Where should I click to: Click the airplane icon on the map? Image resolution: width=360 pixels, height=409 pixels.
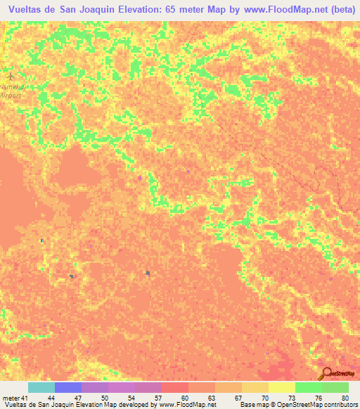coord(9,73)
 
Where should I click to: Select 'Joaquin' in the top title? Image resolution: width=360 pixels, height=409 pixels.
coord(95,10)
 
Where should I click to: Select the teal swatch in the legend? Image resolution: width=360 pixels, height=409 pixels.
coord(41,387)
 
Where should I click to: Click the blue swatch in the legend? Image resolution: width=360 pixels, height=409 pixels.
coord(68,387)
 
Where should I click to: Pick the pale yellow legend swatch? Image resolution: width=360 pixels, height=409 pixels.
coord(281,387)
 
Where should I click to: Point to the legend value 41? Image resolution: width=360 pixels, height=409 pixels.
coord(25,397)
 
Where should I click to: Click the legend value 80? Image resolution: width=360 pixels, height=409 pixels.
coord(345,397)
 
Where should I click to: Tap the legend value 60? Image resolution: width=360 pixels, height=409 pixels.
coord(185,397)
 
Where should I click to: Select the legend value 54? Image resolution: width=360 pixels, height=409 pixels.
coord(131,397)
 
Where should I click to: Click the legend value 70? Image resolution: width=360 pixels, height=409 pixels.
coord(264,397)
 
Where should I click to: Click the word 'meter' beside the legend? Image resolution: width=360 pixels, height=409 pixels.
coord(11,397)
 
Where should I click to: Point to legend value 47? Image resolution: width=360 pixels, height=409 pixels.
coord(78,397)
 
